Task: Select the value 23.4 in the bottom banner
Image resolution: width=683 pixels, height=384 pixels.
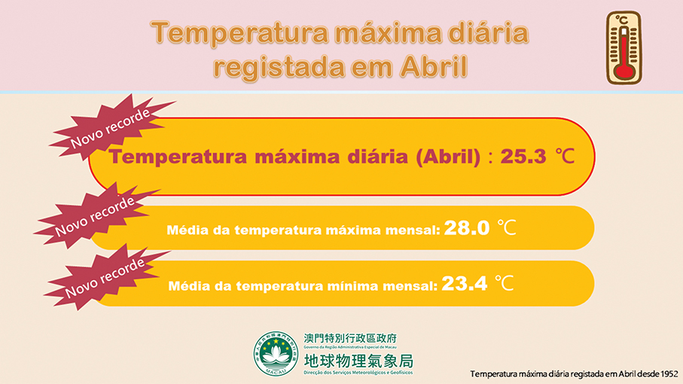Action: (464, 284)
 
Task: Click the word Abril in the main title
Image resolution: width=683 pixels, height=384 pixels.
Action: (431, 67)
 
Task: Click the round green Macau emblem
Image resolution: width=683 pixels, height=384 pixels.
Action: (276, 353)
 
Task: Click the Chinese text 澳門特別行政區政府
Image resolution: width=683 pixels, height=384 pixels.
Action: (349, 339)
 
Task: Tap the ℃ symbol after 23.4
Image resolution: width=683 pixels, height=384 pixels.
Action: (504, 284)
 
